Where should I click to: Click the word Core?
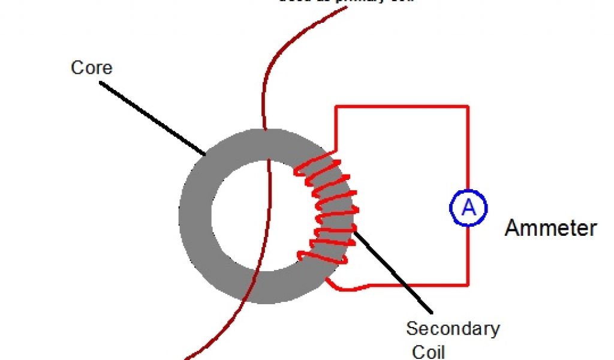pyautogui.click(x=91, y=67)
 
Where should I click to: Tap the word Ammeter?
pyautogui.click(x=550, y=228)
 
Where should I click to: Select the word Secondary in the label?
pyautogui.click(x=453, y=329)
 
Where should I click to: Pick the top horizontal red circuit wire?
pyautogui.click(x=402, y=107)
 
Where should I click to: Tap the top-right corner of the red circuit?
pyautogui.click(x=468, y=107)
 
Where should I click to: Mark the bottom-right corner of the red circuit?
pyautogui.click(x=468, y=284)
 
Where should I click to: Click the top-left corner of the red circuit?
pyautogui.click(x=336, y=107)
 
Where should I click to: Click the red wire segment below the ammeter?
pyautogui.click(x=468, y=255)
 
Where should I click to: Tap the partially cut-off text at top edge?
pyautogui.click(x=345, y=2)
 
